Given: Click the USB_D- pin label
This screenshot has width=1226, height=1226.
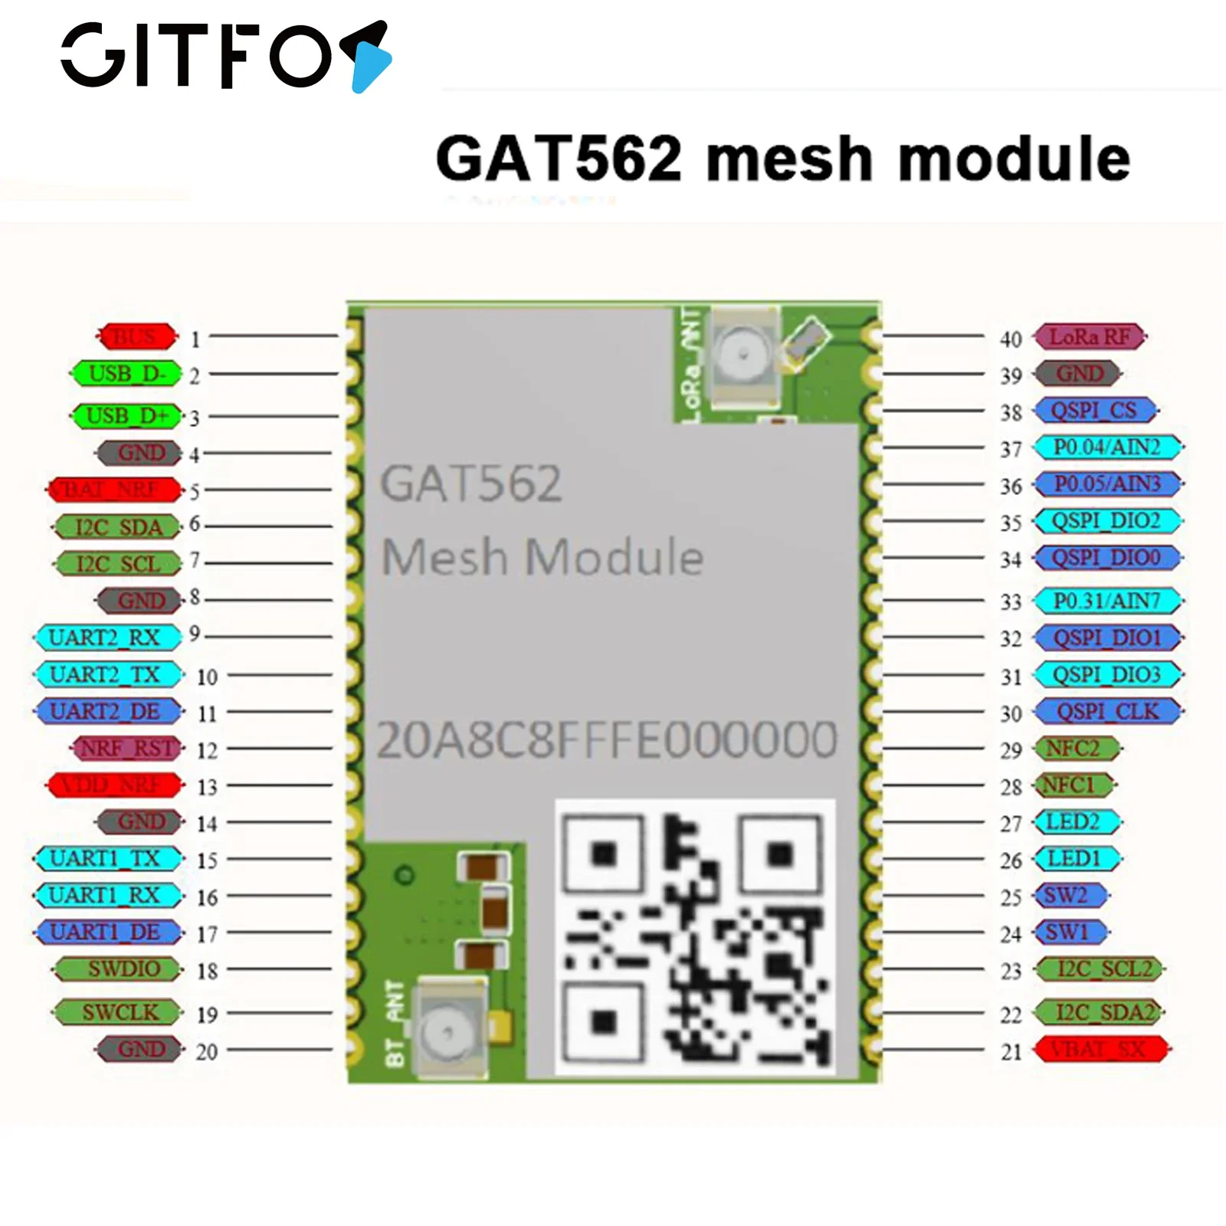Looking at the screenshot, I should (126, 375).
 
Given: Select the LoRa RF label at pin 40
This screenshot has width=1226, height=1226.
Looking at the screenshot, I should (1089, 337).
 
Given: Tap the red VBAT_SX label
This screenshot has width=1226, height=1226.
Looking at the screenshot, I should (1100, 1049).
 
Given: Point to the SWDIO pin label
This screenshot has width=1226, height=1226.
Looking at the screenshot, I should (120, 969).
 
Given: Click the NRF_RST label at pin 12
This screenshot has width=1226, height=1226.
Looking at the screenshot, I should (128, 749).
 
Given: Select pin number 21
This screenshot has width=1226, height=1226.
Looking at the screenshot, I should (1011, 1053).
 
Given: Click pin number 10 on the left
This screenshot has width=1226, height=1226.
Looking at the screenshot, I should (207, 677).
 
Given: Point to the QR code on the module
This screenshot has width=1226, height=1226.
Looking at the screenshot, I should (694, 936).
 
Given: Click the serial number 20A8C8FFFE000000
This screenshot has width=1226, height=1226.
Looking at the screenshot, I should (607, 740).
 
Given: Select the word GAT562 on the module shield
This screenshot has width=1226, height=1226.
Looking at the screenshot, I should (471, 484).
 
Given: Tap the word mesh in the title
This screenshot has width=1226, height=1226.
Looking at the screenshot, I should (790, 159).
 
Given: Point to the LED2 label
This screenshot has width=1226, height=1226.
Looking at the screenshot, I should (1076, 822).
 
